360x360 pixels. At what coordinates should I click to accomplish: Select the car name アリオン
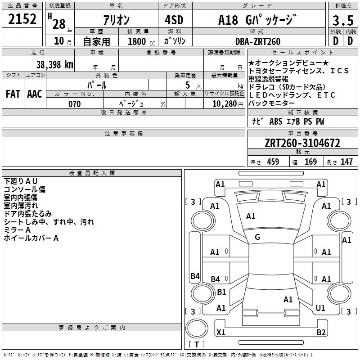coord(116,20)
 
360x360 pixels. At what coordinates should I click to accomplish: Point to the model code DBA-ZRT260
coord(257,41)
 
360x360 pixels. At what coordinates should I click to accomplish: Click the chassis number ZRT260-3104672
coord(302,144)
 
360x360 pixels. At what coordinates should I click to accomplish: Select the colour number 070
coord(74,104)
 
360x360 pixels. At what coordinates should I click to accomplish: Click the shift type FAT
coord(13,94)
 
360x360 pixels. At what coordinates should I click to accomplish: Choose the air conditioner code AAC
coord(35,94)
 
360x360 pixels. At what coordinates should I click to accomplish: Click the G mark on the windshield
coord(257,237)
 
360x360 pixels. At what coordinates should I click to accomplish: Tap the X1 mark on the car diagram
coord(221,333)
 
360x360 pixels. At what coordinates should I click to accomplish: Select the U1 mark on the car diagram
coord(320,308)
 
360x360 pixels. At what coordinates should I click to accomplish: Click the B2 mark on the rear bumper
coord(321,333)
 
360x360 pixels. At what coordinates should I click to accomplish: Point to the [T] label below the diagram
coord(196,345)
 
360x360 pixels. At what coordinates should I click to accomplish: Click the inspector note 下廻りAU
coord(21,181)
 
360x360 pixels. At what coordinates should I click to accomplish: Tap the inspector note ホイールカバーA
coord(31,238)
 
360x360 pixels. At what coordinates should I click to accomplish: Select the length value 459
coord(273,162)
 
